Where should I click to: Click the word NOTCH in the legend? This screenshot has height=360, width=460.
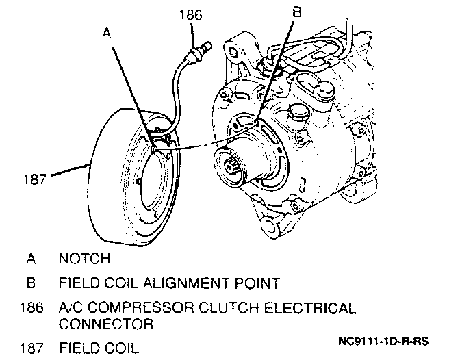click(x=84, y=259)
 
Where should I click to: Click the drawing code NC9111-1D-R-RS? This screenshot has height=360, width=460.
click(x=384, y=340)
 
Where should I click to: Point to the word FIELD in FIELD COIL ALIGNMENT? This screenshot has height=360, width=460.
click(x=77, y=282)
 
